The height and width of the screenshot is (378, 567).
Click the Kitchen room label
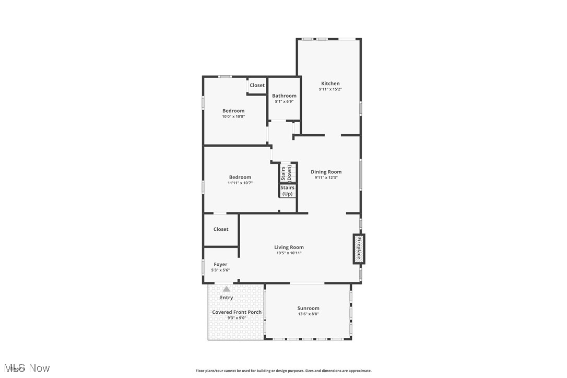pos(330,84)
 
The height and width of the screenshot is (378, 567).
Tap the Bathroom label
pos(284,96)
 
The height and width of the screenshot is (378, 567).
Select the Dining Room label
pos(326,172)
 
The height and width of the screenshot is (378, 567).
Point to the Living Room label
pos(289,247)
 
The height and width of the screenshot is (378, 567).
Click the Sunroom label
pos(308,308)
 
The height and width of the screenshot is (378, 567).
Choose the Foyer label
pos(220,265)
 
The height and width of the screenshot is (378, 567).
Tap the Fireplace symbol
pos(359,248)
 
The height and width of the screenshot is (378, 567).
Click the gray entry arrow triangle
pos(227,289)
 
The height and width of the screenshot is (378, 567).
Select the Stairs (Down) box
pos(287,173)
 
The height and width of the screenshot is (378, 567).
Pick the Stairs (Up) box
pos(287,191)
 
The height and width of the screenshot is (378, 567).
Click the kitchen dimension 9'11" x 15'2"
pos(330,89)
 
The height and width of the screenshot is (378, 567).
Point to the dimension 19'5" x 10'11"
pos(289,253)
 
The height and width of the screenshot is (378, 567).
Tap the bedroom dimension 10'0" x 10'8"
pos(233,116)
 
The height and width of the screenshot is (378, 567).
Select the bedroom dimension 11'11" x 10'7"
pos(240,183)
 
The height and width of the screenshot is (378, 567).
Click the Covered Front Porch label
pos(237,312)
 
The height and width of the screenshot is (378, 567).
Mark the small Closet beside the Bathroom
pos(257,85)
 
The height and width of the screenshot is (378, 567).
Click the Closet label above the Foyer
pos(221,229)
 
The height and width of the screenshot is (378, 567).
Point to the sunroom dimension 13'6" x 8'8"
pos(308,314)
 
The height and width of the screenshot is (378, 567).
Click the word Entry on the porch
pos(227,298)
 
